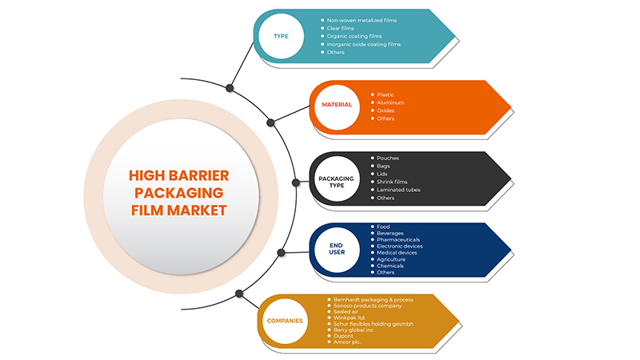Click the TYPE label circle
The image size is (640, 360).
click(282, 36)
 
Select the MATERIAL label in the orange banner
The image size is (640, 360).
click(337, 105)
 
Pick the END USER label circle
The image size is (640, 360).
click(337, 250)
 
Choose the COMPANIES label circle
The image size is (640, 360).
click(285, 321)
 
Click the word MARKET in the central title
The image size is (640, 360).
click(197, 210)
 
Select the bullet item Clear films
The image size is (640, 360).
click(341, 28)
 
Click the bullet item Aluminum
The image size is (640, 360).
click(390, 102)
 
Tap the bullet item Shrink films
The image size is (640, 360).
click(392, 182)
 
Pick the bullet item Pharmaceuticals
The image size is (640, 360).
click(398, 239)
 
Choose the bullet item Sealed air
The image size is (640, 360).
click(346, 311)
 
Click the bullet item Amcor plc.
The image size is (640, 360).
click(347, 342)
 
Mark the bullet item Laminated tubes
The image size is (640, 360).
click(398, 190)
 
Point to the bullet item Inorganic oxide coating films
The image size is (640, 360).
click(364, 44)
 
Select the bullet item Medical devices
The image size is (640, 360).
click(397, 253)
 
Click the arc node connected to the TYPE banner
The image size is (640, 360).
click(230, 88)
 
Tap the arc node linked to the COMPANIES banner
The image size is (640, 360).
click(239, 294)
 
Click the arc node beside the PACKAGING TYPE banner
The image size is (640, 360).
click(296, 182)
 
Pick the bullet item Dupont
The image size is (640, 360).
click(343, 336)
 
